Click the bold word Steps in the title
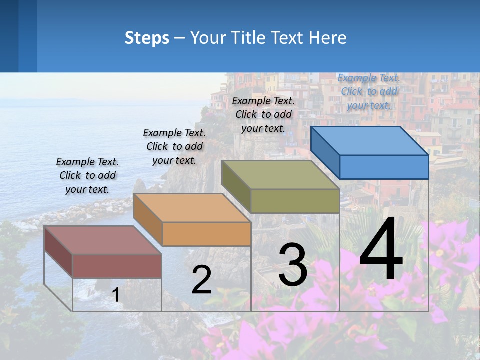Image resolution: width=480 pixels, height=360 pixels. (x=147, y=38)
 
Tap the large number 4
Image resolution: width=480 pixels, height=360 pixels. (x=381, y=250)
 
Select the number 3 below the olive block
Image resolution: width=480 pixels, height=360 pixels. (x=293, y=265)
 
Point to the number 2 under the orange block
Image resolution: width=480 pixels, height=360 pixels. (x=201, y=280)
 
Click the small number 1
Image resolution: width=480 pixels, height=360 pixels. (x=116, y=295)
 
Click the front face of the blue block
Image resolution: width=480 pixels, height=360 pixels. (x=384, y=167)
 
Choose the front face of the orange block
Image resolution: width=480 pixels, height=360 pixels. (x=206, y=234)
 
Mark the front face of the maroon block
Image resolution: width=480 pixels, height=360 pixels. (x=117, y=266)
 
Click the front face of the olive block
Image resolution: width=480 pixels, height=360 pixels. (x=295, y=201)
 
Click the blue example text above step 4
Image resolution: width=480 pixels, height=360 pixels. (x=369, y=91)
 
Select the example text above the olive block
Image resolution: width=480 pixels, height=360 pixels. (x=263, y=114)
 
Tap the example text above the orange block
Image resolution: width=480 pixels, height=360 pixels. (x=174, y=146)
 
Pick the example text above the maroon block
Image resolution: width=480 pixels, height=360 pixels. (x=87, y=175)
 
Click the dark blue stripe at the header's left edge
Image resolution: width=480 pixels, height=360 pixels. (x=9, y=36)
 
